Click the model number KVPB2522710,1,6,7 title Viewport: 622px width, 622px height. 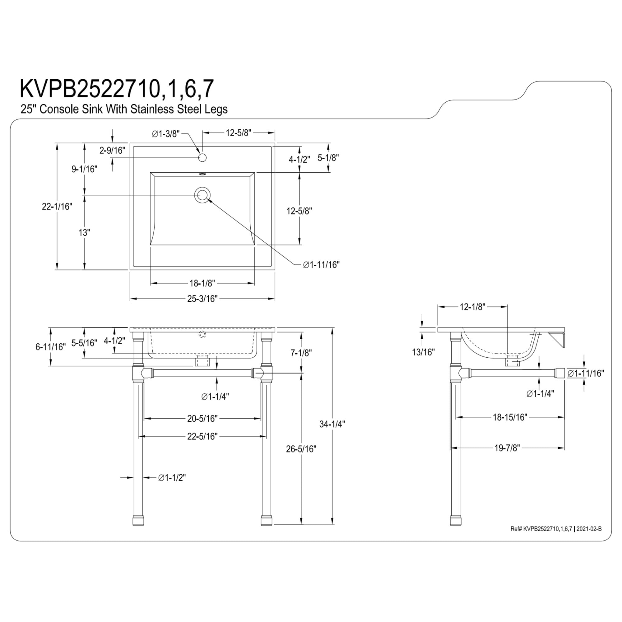pyautogui.click(x=117, y=89)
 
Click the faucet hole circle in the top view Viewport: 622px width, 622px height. pyautogui.click(x=202, y=158)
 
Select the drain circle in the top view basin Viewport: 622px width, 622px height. pyautogui.click(x=202, y=195)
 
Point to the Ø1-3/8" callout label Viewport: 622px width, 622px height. pyautogui.click(x=165, y=134)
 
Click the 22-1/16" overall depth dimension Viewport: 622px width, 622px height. pyautogui.click(x=57, y=207)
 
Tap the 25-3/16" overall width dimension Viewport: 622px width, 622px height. pyautogui.click(x=202, y=299)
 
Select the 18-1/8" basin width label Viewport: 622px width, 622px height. pyautogui.click(x=202, y=283)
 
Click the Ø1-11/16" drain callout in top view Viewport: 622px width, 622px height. pyautogui.click(x=321, y=265)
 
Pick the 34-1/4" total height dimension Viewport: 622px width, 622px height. pyautogui.click(x=332, y=424)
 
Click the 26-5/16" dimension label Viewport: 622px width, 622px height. pyautogui.click(x=301, y=449)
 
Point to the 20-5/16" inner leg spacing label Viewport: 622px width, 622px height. pyautogui.click(x=202, y=419)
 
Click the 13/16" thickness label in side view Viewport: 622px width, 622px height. pyautogui.click(x=423, y=352)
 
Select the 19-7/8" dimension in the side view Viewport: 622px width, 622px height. pyautogui.click(x=507, y=448)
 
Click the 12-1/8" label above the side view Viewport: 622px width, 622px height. pyautogui.click(x=472, y=307)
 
